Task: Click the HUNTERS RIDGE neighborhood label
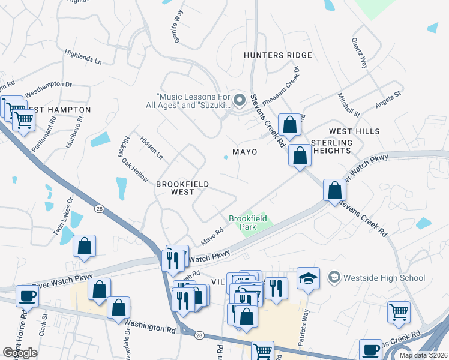pyautogui.click(x=277, y=55)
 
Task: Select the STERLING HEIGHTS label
pyautogui.click(x=331, y=146)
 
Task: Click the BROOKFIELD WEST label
pyautogui.click(x=175, y=188)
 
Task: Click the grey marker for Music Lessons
pyautogui.click(x=240, y=100)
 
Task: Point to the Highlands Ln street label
pyautogui.click(x=83, y=58)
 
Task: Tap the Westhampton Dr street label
pyautogui.click(x=48, y=88)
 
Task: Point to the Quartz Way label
pyautogui.click(x=360, y=55)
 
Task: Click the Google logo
pyautogui.click(x=20, y=353)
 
